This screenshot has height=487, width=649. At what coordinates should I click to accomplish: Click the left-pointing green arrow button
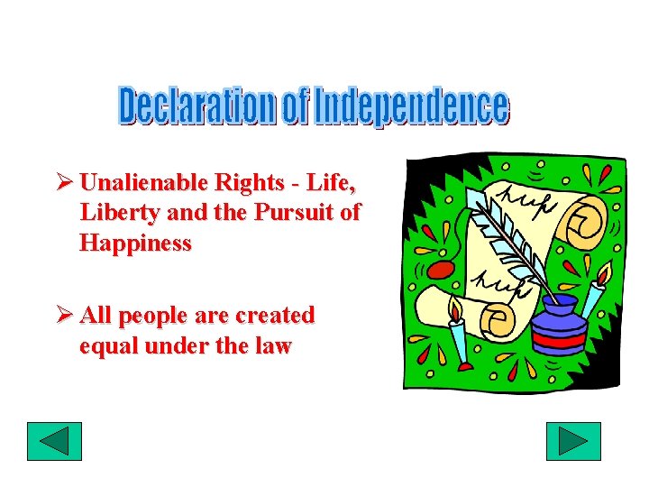[54, 441]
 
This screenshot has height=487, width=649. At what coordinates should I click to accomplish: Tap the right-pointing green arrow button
[573, 441]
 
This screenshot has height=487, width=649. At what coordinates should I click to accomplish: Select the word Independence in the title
[411, 106]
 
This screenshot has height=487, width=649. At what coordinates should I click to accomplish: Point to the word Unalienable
[144, 183]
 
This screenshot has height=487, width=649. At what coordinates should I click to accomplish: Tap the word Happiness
[135, 243]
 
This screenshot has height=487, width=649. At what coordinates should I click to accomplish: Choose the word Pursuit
[294, 213]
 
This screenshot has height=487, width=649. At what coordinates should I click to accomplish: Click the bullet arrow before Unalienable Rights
[64, 183]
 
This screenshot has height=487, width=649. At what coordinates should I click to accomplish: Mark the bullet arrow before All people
[64, 316]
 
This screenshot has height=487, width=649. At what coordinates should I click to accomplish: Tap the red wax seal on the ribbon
[439, 270]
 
